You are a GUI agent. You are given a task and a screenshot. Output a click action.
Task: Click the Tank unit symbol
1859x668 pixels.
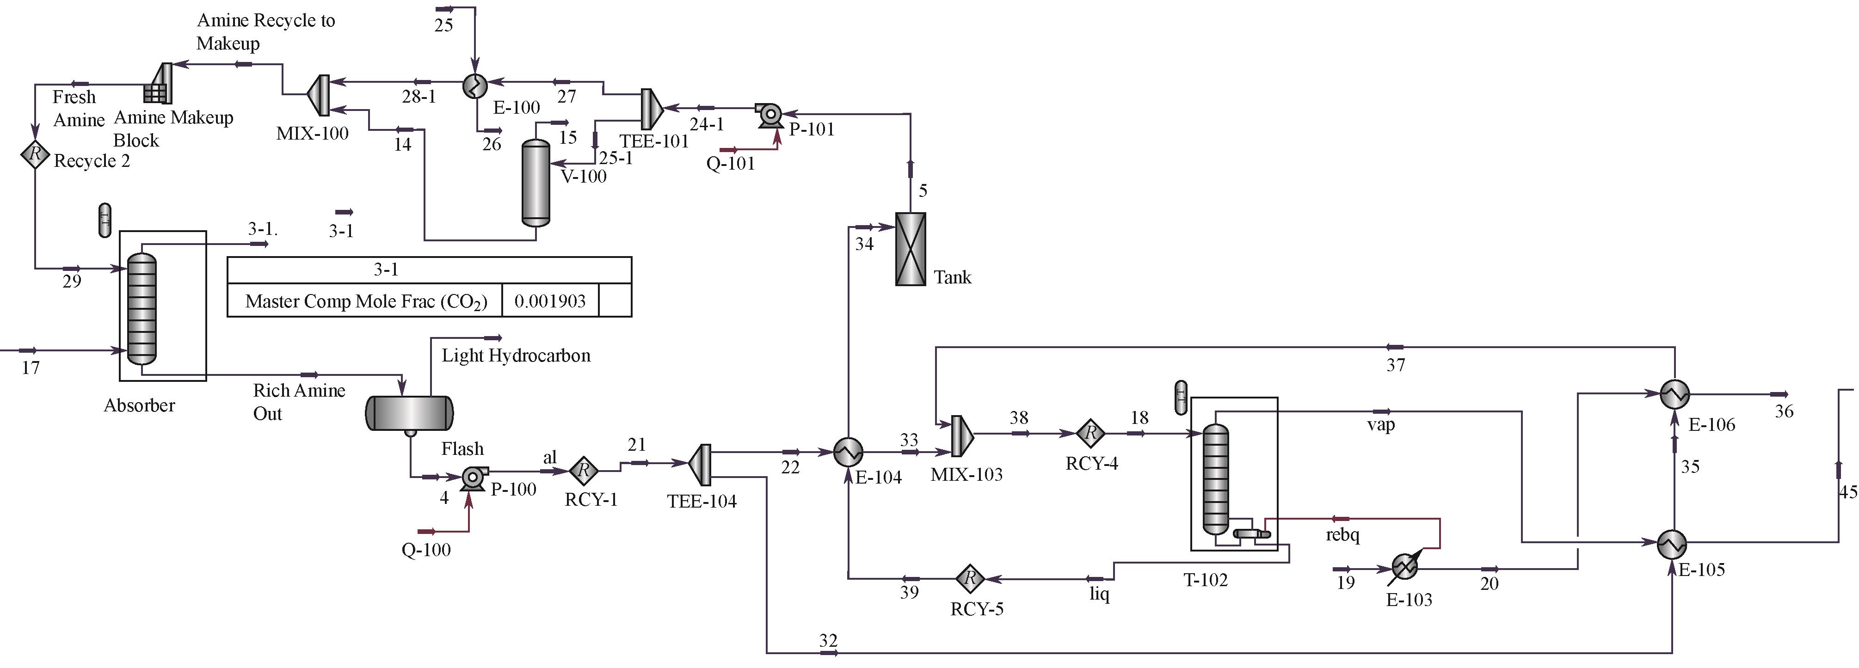[910, 249]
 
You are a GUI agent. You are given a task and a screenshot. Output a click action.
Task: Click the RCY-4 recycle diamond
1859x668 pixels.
[1090, 434]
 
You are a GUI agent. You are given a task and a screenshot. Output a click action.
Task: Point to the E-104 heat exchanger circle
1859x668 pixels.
[848, 452]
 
